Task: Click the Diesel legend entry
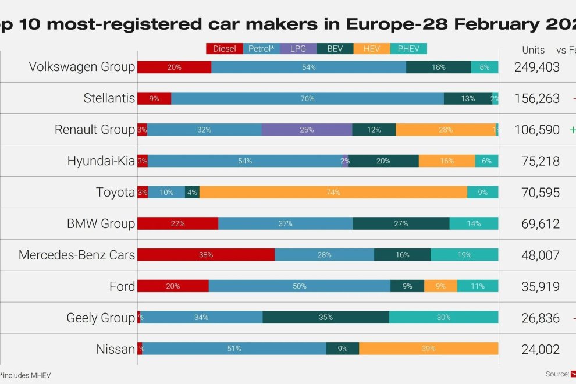[x=224, y=49]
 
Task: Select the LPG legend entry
[x=298, y=49]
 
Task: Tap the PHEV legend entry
[x=408, y=49]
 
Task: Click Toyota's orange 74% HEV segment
[x=333, y=192]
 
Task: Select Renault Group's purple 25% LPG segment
[x=307, y=129]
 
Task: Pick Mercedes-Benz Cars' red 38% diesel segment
[x=205, y=255]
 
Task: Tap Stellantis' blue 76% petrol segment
[x=307, y=98]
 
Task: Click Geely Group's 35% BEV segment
[x=326, y=318]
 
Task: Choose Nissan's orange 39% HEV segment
[x=428, y=349]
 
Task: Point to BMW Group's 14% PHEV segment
[x=474, y=223]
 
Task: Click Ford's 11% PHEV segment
[x=477, y=286]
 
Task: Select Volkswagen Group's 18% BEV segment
[x=438, y=67]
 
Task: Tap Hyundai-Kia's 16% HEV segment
[x=447, y=161]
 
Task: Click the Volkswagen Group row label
[x=82, y=67]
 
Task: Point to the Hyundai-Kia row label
[x=101, y=161]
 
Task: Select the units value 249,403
[x=536, y=67]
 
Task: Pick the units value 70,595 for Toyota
[x=536, y=193]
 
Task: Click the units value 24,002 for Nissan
[x=536, y=350]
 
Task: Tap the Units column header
[x=533, y=49]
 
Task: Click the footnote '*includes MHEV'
[x=26, y=375]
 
